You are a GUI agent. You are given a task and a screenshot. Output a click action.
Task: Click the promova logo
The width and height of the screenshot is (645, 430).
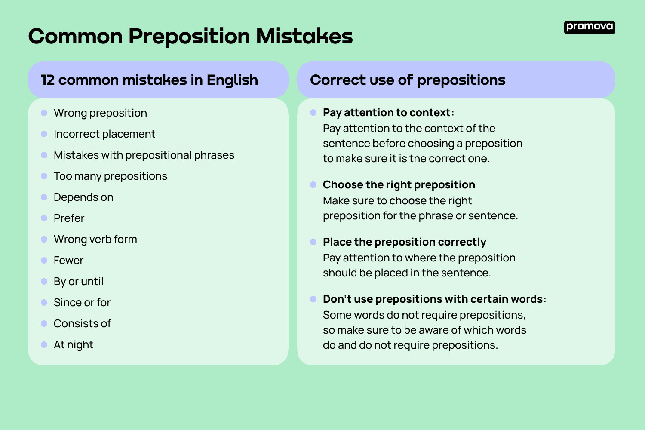tap(589, 27)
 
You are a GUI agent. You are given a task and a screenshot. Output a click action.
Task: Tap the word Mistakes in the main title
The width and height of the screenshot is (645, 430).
tap(304, 36)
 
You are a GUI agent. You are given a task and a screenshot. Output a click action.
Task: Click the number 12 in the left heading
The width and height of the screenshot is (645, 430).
tap(48, 80)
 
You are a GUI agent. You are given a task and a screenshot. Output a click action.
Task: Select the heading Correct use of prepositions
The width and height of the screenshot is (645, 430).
tap(407, 80)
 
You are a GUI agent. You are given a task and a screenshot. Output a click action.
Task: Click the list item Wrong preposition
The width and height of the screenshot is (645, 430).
tap(100, 113)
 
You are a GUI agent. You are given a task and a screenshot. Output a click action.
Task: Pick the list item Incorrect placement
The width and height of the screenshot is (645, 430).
tap(104, 134)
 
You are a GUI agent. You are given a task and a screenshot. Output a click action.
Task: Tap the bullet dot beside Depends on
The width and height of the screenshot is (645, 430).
tap(44, 197)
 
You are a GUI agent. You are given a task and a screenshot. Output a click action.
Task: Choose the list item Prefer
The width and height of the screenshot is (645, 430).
tap(69, 218)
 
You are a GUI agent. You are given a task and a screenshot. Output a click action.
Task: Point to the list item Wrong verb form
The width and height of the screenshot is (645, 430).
tap(95, 240)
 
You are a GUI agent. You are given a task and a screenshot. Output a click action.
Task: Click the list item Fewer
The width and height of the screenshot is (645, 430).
tap(68, 261)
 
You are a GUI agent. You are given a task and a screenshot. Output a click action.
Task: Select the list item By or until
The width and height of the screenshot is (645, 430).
tap(78, 282)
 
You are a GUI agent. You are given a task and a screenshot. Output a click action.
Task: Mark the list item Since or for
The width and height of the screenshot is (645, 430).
tap(82, 303)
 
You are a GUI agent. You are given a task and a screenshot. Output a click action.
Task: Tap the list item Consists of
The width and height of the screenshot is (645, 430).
tap(82, 324)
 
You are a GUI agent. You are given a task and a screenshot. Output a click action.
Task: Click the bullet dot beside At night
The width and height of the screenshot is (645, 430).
tap(44, 345)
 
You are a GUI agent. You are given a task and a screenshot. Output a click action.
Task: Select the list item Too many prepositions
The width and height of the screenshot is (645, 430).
tap(110, 176)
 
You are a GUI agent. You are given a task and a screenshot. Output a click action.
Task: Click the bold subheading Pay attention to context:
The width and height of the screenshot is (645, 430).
tap(388, 113)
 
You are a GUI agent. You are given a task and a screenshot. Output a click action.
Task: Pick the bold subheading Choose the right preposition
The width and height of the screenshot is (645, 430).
tap(399, 185)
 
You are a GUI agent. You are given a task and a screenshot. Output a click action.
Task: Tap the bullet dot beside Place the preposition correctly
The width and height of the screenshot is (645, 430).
tap(313, 242)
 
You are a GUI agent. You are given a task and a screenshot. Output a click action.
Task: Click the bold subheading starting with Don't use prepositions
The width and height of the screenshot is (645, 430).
tap(434, 299)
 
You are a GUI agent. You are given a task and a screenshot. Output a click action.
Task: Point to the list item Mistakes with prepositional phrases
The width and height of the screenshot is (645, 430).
tap(144, 155)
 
